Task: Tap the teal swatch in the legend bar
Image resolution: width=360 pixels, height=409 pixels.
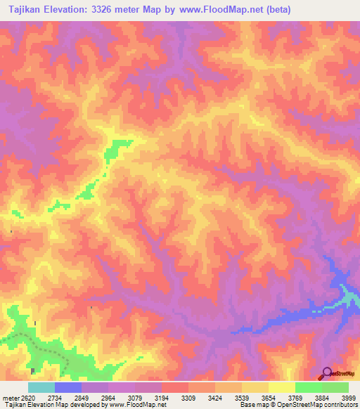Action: (41, 387)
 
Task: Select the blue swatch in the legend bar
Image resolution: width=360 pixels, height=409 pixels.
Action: (68, 387)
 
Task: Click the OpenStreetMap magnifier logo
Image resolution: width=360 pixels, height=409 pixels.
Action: (327, 374)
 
